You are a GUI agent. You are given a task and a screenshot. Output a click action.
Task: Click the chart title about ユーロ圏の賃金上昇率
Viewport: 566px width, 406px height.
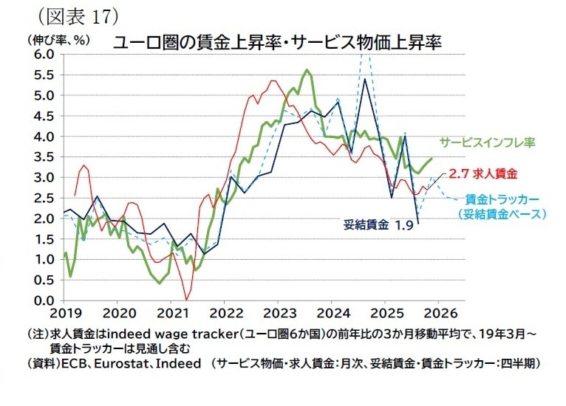(x=277, y=42)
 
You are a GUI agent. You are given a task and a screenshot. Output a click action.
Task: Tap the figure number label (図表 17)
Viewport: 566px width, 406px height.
(x=73, y=15)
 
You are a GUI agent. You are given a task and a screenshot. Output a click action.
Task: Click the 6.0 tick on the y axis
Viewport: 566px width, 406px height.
(x=42, y=55)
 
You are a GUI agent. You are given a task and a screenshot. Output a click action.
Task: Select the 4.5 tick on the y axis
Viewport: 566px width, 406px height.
(x=42, y=116)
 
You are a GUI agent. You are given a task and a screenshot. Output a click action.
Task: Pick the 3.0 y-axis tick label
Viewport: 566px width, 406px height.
(x=42, y=178)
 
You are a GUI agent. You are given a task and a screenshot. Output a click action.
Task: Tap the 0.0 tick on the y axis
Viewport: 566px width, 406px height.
(x=42, y=300)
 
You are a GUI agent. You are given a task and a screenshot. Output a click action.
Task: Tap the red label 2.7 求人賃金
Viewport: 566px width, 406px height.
(x=483, y=173)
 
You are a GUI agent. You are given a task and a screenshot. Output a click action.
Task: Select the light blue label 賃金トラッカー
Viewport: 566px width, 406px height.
(x=502, y=199)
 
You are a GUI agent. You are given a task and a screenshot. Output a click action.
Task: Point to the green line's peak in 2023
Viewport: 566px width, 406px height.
(x=306, y=70)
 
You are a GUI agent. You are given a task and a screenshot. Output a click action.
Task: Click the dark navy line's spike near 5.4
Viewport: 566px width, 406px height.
(x=365, y=79)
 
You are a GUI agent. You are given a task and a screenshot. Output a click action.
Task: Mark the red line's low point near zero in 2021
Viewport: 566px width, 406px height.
(x=186, y=297)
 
